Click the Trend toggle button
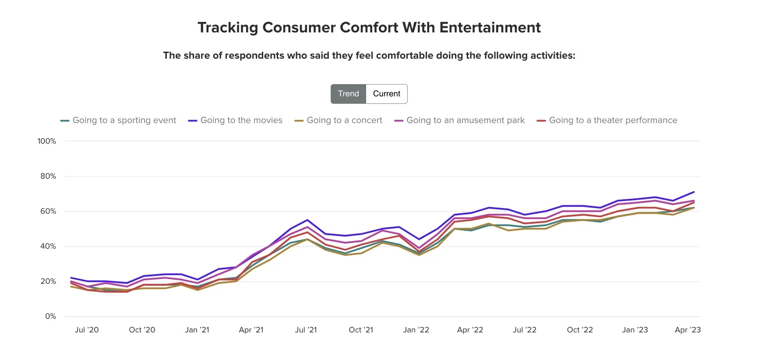pos(348,94)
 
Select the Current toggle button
pos(386,94)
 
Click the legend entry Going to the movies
pos(241,120)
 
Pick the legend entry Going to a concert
pos(344,120)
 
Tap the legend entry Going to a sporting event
pos(124,120)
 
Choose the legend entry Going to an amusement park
pos(465,120)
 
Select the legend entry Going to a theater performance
pos(613,120)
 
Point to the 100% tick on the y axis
pos(47,141)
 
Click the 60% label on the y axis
pos(48,211)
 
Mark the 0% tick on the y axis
pos(50,316)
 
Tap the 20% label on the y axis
pos(48,281)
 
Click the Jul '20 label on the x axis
pos(87,330)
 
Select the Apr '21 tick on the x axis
pos(251,330)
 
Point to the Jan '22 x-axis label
pos(416,330)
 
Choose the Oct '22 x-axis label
pos(580,330)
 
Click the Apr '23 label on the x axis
pos(688,330)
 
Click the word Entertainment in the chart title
pos(490,28)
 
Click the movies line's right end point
pos(694,192)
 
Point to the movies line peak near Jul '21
pos(307,220)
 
